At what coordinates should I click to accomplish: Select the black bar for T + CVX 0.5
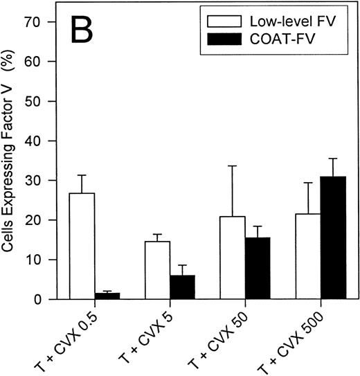(x=107, y=296)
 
